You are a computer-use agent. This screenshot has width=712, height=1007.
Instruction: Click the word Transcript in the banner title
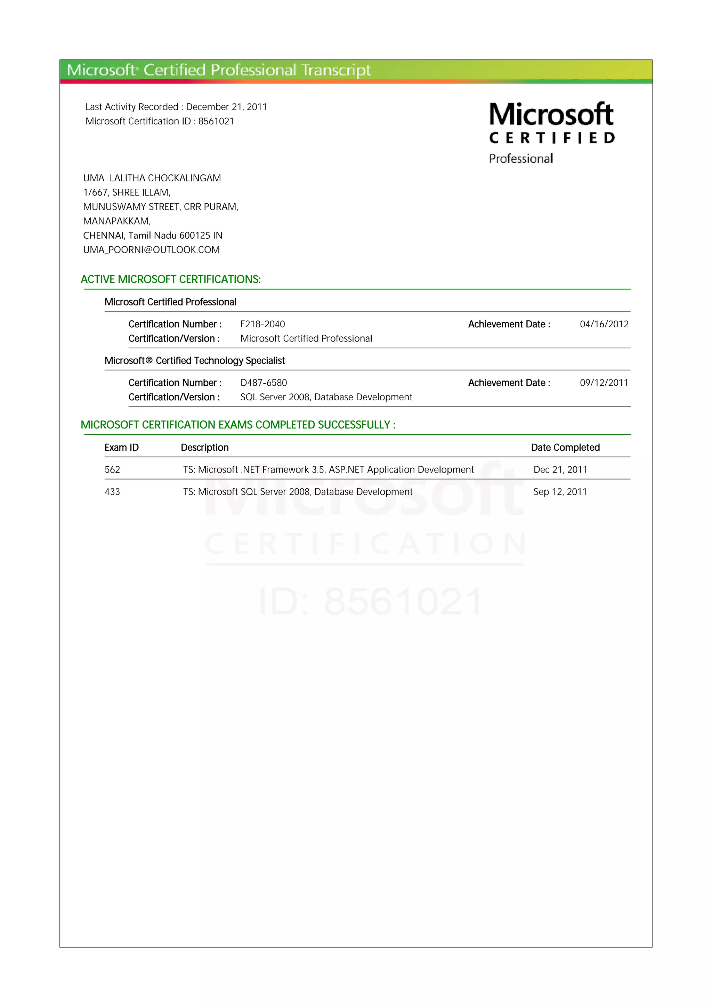[336, 70]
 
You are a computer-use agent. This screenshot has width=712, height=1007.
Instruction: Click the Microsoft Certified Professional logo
[551, 132]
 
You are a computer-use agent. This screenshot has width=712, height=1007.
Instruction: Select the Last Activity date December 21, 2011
[226, 107]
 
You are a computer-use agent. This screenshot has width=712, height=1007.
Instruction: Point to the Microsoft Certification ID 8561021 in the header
[216, 122]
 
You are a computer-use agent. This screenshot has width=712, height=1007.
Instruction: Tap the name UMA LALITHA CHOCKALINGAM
[152, 178]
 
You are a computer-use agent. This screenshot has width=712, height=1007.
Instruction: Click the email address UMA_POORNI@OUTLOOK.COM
[151, 250]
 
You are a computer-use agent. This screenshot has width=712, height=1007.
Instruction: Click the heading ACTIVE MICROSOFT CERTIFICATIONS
[171, 279]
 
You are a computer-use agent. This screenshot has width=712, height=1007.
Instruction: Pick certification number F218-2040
[262, 324]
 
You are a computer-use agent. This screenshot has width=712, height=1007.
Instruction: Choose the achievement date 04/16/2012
[604, 324]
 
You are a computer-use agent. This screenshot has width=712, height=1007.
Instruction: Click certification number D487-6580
[264, 383]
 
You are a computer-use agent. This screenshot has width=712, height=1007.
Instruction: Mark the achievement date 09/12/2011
[604, 383]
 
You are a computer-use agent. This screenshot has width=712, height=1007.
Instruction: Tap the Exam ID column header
[122, 447]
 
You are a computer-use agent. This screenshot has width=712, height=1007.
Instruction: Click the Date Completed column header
[565, 447]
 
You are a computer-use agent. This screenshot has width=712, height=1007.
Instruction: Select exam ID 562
[112, 470]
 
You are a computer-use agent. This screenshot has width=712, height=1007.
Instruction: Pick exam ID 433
[112, 492]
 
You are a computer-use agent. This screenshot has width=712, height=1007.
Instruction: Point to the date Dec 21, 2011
[560, 470]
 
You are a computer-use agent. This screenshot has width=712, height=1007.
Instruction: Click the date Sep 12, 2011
[560, 492]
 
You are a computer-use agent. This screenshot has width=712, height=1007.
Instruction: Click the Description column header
[205, 447]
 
